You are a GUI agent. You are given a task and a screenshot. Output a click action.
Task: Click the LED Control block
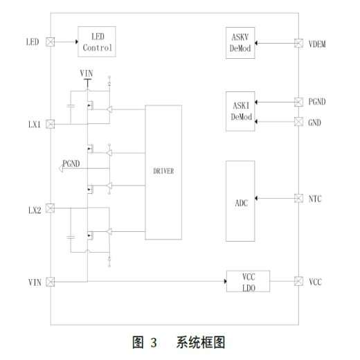pyautogui.click(x=96, y=42)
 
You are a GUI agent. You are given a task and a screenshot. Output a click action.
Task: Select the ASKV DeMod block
pyautogui.click(x=240, y=43)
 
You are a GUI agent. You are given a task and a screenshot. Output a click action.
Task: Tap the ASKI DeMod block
pyautogui.click(x=240, y=111)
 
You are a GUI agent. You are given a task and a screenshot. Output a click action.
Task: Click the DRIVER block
pyautogui.click(x=164, y=172)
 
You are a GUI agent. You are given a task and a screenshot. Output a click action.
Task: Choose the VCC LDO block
pyautogui.click(x=249, y=282)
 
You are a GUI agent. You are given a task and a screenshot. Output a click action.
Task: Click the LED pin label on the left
pyautogui.click(x=32, y=42)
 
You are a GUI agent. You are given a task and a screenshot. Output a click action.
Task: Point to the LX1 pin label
pyautogui.click(x=33, y=125)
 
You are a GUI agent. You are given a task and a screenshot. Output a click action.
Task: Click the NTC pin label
pyautogui.click(x=315, y=199)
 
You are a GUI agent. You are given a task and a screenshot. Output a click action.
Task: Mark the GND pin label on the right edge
pyautogui.click(x=315, y=123)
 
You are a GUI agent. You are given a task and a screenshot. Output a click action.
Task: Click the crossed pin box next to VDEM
pyautogui.click(x=298, y=43)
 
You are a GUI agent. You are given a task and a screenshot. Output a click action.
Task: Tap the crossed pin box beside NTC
pyautogui.click(x=298, y=199)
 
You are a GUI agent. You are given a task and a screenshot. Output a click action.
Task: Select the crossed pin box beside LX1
pyautogui.click(x=51, y=125)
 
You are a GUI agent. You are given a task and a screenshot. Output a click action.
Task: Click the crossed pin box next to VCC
pyautogui.click(x=298, y=282)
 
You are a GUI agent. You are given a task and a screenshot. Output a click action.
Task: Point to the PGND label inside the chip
pyautogui.click(x=72, y=164)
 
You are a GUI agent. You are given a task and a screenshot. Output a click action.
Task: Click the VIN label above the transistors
pyautogui.click(x=87, y=73)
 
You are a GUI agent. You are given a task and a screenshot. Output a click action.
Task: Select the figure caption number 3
pyautogui.click(x=154, y=343)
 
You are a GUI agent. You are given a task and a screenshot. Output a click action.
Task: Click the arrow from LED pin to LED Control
pyautogui.click(x=66, y=42)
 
